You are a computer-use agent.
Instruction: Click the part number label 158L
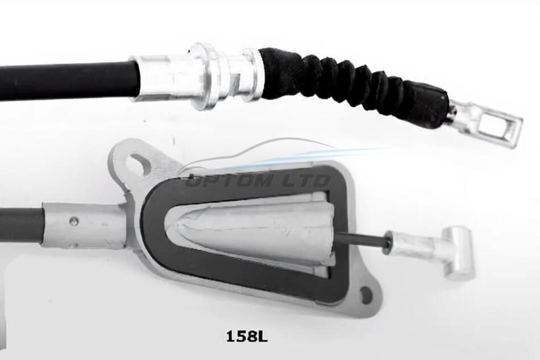click(247, 336)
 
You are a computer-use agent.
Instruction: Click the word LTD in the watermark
click(305, 180)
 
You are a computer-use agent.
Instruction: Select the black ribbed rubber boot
click(355, 86)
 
